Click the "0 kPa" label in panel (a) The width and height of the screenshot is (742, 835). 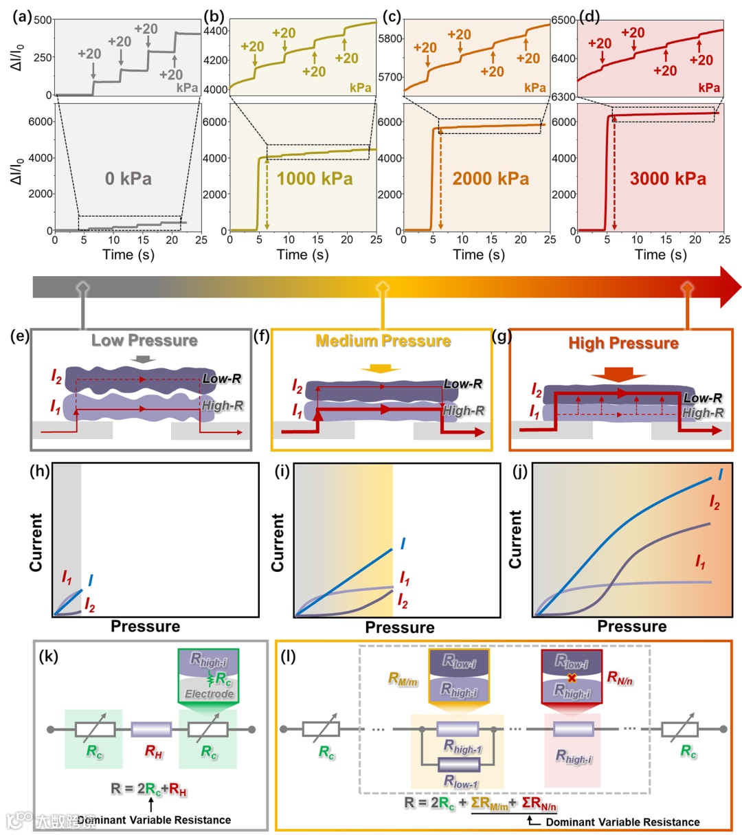[128, 179]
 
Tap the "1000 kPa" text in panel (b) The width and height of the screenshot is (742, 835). [315, 179]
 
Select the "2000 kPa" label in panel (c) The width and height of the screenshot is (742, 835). [491, 179]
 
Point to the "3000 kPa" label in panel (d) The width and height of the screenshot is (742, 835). [668, 179]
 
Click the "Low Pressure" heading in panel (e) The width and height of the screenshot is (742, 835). [144, 341]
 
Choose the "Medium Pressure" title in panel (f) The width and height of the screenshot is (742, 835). [383, 341]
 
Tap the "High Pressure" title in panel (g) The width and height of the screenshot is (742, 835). [623, 343]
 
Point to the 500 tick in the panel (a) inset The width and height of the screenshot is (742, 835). [43, 20]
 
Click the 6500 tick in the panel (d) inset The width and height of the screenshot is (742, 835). [563, 20]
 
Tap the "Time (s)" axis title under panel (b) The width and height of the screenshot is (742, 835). [302, 255]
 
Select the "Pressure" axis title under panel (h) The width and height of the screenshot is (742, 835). [146, 626]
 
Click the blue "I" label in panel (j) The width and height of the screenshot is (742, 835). [720, 474]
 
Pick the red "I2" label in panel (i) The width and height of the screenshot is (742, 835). [403, 602]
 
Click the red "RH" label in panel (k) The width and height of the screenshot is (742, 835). [154, 751]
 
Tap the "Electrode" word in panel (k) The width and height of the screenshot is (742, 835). [209, 694]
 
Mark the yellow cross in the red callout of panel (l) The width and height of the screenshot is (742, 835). [572, 678]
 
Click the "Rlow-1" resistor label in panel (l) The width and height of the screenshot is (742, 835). [461, 781]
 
